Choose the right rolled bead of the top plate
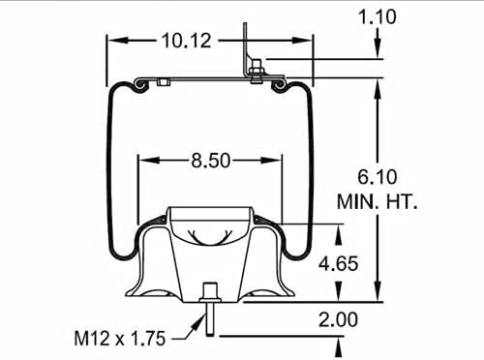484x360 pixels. [281, 87]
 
